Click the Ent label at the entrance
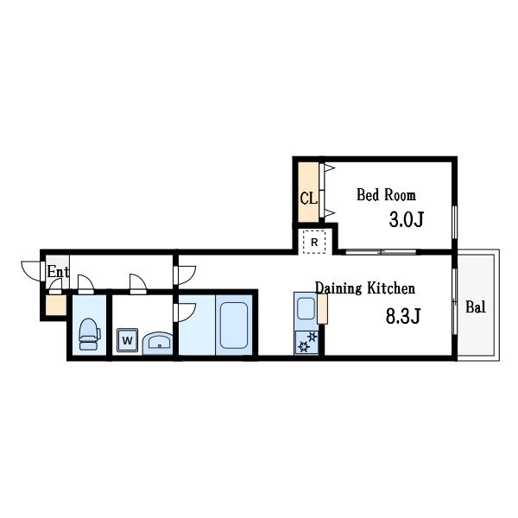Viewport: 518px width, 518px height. (x=58, y=272)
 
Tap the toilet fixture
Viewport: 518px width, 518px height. (x=89, y=332)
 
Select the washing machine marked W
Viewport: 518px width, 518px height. (x=128, y=340)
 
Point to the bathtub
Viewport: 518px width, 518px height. (x=232, y=326)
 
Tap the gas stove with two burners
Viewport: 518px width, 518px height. (x=306, y=343)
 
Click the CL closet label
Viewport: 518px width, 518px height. (x=308, y=197)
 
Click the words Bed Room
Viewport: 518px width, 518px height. (x=386, y=195)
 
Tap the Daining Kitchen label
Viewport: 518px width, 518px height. (x=364, y=288)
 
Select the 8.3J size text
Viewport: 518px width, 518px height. (x=401, y=315)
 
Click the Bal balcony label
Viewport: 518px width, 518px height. (x=475, y=306)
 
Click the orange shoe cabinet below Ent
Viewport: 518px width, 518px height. (x=54, y=305)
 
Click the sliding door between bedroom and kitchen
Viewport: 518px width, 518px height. (x=380, y=252)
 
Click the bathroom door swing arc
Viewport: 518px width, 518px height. (x=184, y=313)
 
